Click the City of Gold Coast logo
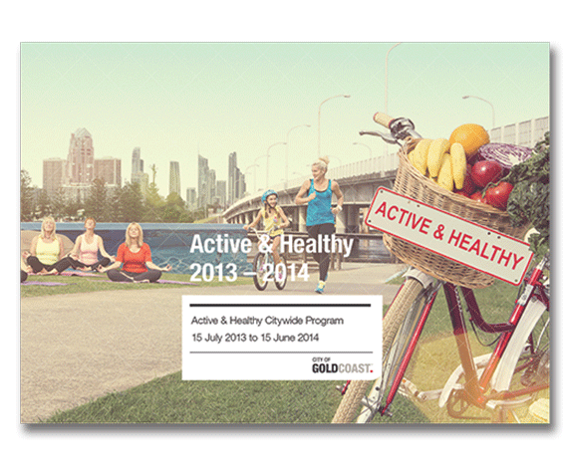point(342,365)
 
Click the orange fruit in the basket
point(469,139)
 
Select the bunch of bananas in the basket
point(438,162)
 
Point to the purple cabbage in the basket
point(505,153)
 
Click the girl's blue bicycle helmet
point(269,196)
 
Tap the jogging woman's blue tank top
point(320,203)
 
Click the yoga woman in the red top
point(135,254)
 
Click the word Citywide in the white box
point(284,321)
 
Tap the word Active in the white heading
point(220,244)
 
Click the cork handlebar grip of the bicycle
point(383,118)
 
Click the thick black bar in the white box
point(280,306)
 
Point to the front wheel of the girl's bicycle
point(260,270)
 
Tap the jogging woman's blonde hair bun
point(324,159)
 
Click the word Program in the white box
point(325,322)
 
